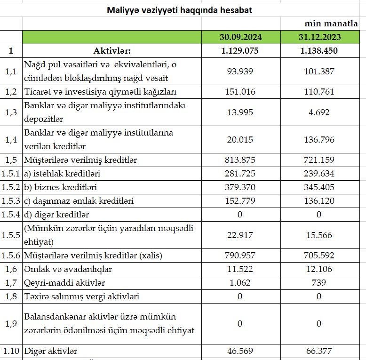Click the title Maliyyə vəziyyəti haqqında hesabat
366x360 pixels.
pyautogui.click(x=179, y=10)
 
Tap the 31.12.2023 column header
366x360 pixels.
pyautogui.click(x=319, y=37)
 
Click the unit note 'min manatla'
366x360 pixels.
pyautogui.click(x=331, y=24)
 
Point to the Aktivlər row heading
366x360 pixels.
pyautogui.click(x=112, y=51)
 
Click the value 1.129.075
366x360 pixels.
pyautogui.click(x=240, y=51)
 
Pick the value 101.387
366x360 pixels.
pyautogui.click(x=319, y=72)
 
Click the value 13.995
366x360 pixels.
pyautogui.click(x=240, y=112)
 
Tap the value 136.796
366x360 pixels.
pyautogui.click(x=319, y=139)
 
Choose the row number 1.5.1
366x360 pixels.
pyautogui.click(x=11, y=174)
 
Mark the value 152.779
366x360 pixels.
pyautogui.click(x=240, y=201)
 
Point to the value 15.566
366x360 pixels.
pyautogui.click(x=319, y=235)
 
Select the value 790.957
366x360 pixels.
pyautogui.click(x=240, y=256)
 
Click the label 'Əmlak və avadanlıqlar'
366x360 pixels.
pyautogui.click(x=68, y=269)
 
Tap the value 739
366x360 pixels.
pyautogui.click(x=319, y=283)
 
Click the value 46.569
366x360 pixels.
pyautogui.click(x=240, y=351)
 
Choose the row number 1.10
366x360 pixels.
pyautogui.click(x=11, y=351)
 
